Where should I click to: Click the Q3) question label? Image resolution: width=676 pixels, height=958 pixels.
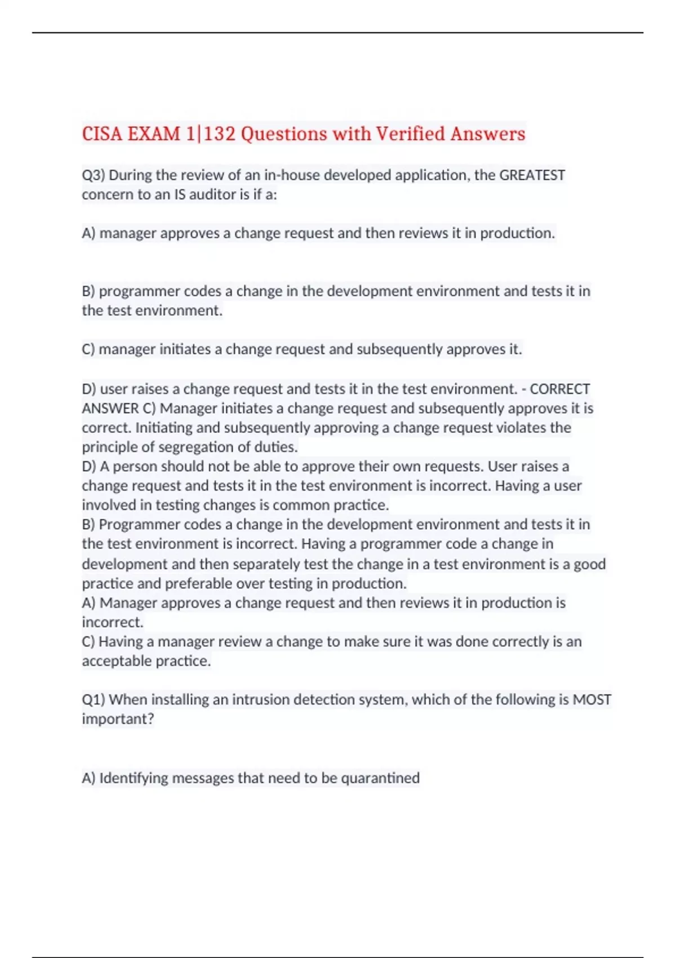pyautogui.click(x=94, y=175)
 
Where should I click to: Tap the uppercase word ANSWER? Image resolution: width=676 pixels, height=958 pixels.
pyautogui.click(x=110, y=409)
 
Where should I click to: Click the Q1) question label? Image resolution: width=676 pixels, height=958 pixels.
pyautogui.click(x=94, y=700)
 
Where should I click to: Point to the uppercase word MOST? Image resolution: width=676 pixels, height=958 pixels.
pyautogui.click(x=591, y=700)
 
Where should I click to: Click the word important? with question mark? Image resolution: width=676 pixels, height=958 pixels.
pyautogui.click(x=118, y=719)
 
